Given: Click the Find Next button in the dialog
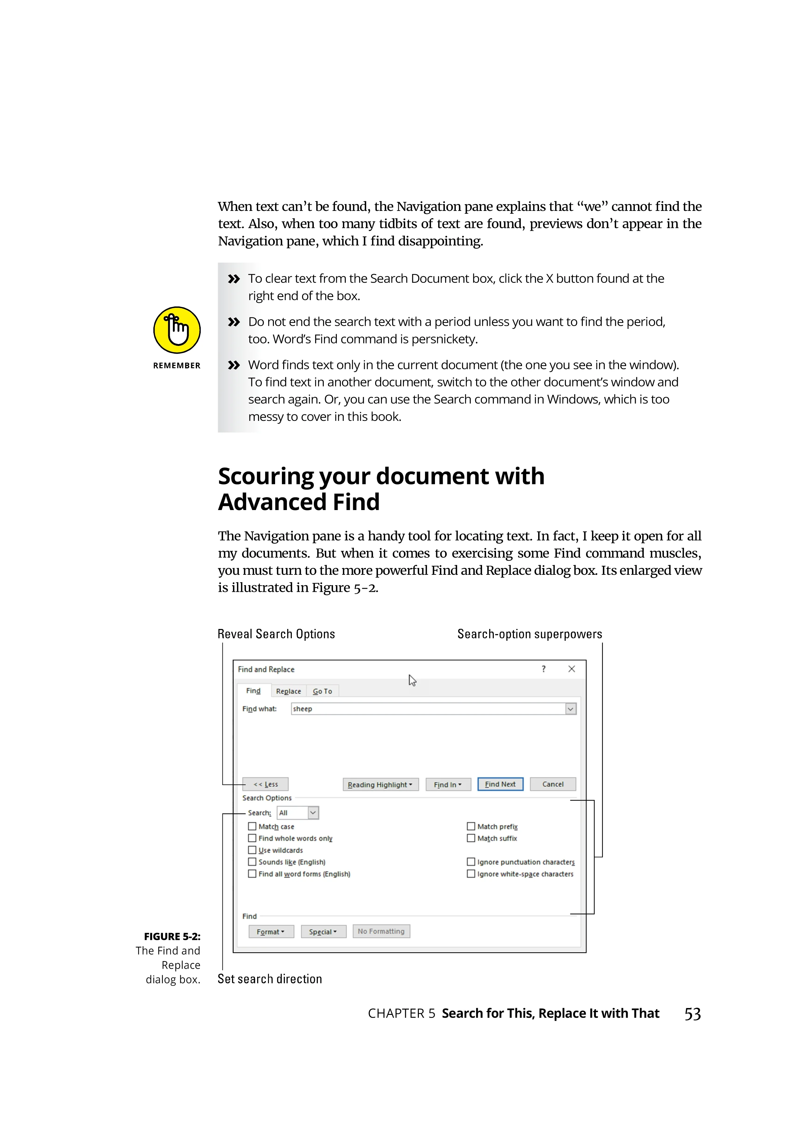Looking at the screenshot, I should click(500, 784).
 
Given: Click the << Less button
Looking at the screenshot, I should click(265, 784).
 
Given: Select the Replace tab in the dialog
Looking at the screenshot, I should click(288, 691).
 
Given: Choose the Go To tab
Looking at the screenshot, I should click(323, 691).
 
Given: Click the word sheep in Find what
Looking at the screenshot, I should click(303, 709).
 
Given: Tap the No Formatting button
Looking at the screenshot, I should click(381, 931).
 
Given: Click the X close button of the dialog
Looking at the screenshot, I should click(572, 669).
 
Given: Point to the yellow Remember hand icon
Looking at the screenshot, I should click(177, 330).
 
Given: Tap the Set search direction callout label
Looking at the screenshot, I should click(270, 979).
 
